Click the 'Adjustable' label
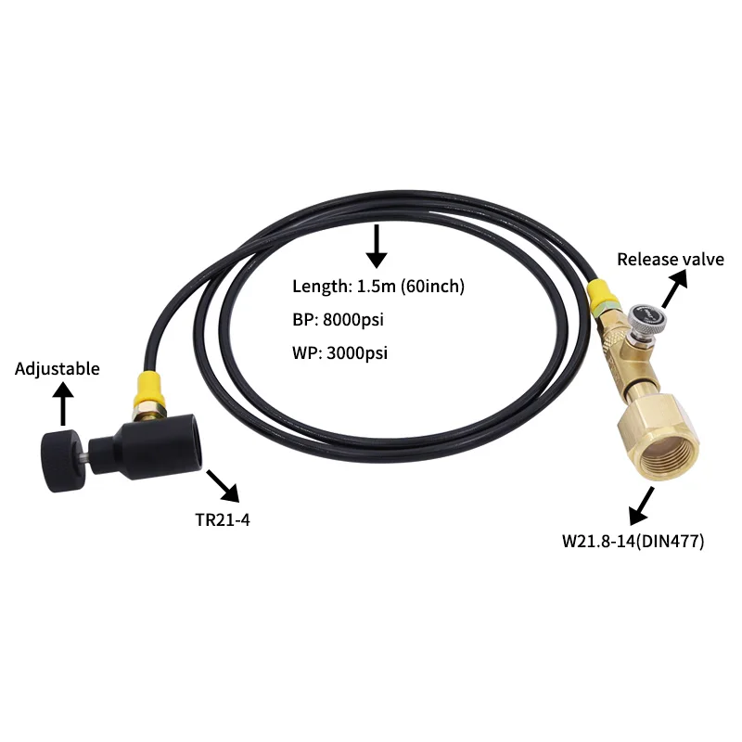click(x=58, y=368)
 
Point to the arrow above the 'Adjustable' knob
click(x=63, y=404)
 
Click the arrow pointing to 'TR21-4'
click(x=222, y=484)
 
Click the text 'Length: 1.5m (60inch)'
click(x=378, y=287)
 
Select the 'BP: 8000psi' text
click(x=338, y=320)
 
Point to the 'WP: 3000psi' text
click(x=339, y=353)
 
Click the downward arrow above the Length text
click(x=376, y=245)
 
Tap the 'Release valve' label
click(x=670, y=260)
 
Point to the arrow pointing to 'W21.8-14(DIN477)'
click(x=643, y=505)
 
